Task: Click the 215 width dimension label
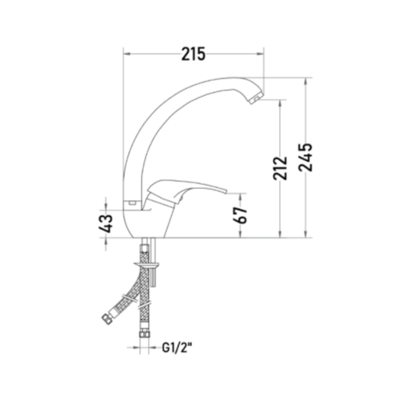pyautogui.click(x=193, y=53)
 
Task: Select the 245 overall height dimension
pyautogui.click(x=305, y=157)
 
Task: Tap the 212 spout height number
pyautogui.click(x=280, y=168)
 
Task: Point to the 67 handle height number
pyautogui.click(x=241, y=215)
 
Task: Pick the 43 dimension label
pyautogui.click(x=105, y=223)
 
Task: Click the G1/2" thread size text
pyautogui.click(x=177, y=348)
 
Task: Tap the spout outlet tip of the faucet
pyautogui.click(x=256, y=99)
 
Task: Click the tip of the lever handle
pyautogui.click(x=225, y=192)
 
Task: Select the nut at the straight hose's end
pyautogui.click(x=144, y=334)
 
